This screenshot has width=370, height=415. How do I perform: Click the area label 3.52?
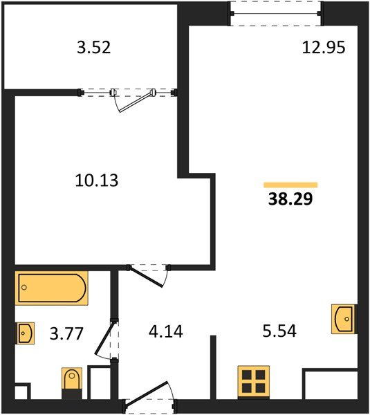click(x=93, y=48)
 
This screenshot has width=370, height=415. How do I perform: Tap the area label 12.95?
click(x=324, y=48)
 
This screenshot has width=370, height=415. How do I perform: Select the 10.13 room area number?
click(x=97, y=181)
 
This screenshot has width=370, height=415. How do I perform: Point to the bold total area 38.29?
click(x=290, y=199)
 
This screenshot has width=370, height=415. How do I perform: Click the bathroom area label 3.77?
click(x=66, y=333)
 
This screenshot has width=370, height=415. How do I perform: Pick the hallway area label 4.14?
click(x=166, y=331)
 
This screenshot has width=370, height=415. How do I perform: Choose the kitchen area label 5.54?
click(x=279, y=331)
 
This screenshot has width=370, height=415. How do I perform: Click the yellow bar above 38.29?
click(x=290, y=185)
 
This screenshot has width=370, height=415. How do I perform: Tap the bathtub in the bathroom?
click(x=52, y=288)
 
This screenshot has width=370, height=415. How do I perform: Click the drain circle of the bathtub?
click(x=24, y=288)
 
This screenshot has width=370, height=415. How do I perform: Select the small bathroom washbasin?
click(x=26, y=333)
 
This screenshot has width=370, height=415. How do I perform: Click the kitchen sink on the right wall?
click(x=344, y=319)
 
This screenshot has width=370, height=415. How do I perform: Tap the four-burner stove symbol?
click(x=254, y=381)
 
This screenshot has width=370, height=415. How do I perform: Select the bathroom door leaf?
click(x=105, y=338)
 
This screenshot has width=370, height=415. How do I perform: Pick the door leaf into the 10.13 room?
click(x=146, y=276)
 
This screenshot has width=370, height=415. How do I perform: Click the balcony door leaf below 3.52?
click(x=136, y=102)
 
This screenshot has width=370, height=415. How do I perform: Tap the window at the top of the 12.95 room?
click(x=275, y=14)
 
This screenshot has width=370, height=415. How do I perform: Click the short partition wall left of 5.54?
click(x=213, y=367)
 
